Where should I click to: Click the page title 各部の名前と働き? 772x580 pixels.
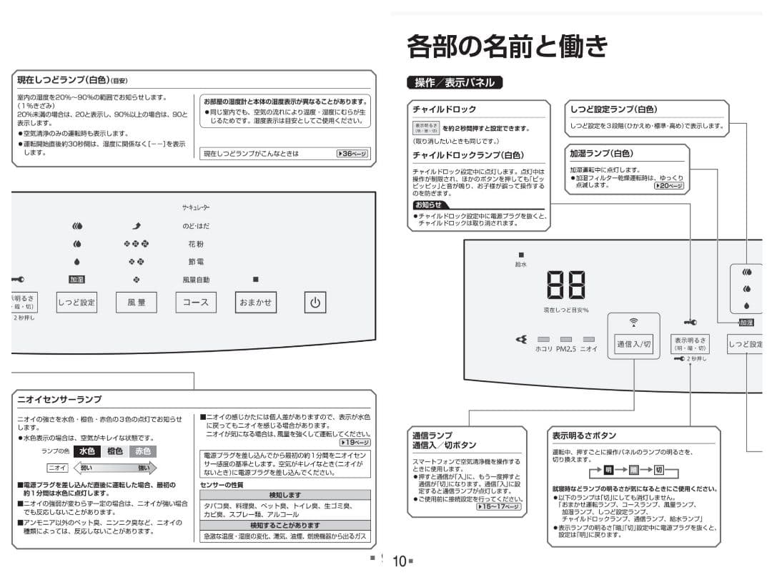coord(507,46)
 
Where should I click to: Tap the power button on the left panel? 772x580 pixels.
coord(315,303)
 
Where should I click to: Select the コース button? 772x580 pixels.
coord(196,303)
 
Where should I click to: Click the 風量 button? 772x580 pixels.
coord(137,303)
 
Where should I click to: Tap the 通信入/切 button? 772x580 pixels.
coord(633,344)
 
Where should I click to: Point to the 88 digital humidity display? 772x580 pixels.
coord(565,285)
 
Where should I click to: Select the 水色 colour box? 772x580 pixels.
coord(87,451)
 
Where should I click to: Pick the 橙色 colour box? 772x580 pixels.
coord(115,451)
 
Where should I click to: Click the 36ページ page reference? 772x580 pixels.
coord(353,153)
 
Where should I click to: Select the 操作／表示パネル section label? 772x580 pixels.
coord(455,82)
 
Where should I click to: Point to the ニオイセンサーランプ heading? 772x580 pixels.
coord(59,399)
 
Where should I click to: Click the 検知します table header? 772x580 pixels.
coord(284,495)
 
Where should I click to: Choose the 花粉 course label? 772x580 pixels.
coord(196,244)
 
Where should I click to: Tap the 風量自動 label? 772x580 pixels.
coord(196,280)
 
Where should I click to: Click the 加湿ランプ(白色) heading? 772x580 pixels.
coord(601,153)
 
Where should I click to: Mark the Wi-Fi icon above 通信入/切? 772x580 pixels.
coord(633,323)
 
